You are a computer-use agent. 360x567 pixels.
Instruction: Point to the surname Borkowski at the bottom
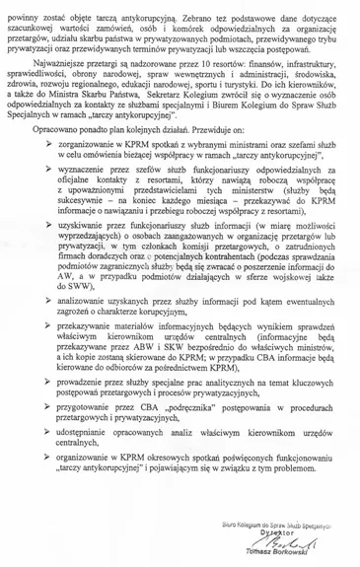click(x=312, y=560)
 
